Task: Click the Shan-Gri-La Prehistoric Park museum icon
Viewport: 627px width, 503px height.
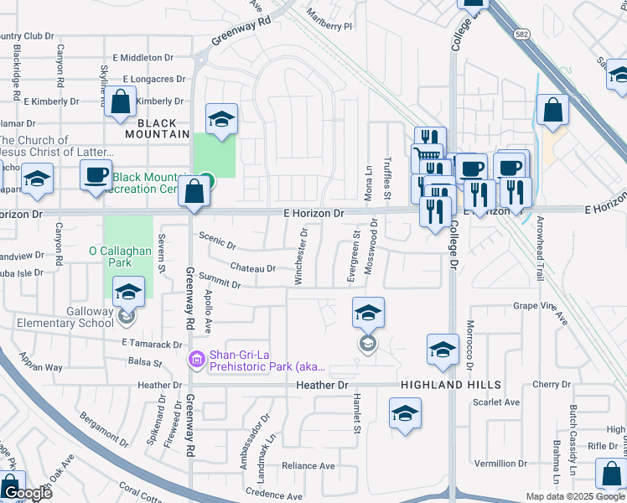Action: click(x=197, y=359)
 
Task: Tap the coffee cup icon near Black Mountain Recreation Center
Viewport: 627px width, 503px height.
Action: click(x=96, y=174)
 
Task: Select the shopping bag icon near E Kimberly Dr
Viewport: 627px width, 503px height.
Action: click(x=122, y=101)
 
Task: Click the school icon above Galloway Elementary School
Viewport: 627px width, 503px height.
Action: click(x=128, y=291)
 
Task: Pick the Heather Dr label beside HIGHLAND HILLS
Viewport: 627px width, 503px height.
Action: click(x=322, y=385)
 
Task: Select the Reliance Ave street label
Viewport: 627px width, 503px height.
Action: click(x=308, y=465)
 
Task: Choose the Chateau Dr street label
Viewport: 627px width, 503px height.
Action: click(x=252, y=268)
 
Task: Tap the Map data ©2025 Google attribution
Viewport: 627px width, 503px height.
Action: click(x=575, y=496)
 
